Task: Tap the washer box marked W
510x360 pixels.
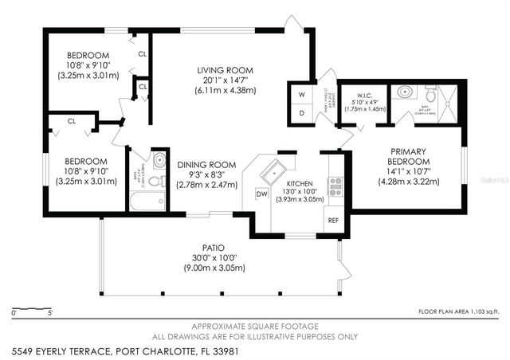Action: (301, 94)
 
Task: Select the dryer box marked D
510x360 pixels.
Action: (301, 114)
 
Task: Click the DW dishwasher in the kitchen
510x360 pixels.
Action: (261, 194)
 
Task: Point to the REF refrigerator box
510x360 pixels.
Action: (334, 219)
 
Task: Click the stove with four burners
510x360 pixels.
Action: (335, 187)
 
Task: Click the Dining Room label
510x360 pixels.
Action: (206, 164)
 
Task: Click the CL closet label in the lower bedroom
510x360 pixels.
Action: (71, 122)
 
